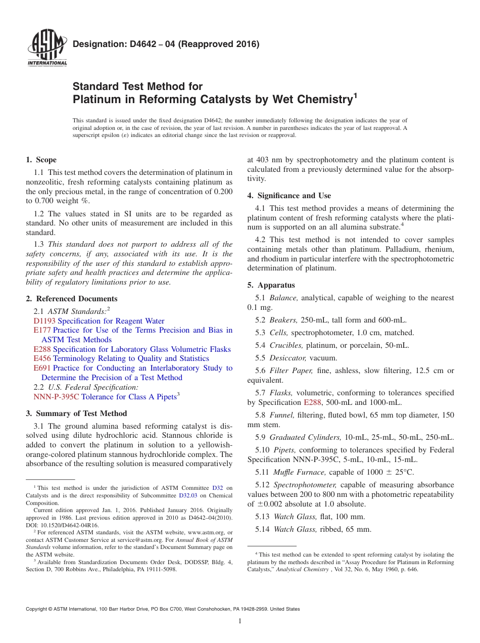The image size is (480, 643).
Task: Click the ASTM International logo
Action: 47,49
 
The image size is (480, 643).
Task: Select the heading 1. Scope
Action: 41,160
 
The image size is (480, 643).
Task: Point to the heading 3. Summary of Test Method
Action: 76,414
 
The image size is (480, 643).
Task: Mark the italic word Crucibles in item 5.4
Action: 286,345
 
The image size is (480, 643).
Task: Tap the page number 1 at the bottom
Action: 240,621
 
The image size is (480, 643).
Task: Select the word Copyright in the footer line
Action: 37,609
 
